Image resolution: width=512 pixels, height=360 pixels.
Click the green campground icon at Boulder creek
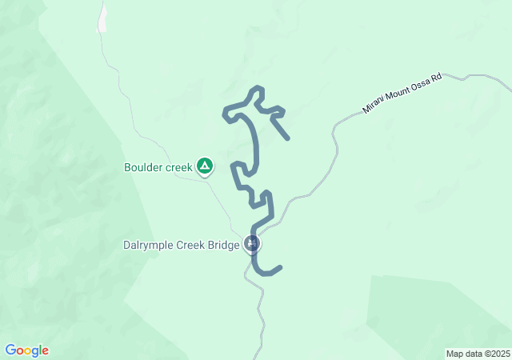click(205, 166)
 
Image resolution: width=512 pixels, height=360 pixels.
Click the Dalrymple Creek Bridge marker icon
click(253, 243)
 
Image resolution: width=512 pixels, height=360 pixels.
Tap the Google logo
click(26, 350)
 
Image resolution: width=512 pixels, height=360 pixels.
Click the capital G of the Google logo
click(10, 350)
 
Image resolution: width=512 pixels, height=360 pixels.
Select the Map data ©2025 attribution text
click(478, 354)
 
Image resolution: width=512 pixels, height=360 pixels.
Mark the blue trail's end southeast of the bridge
click(281, 268)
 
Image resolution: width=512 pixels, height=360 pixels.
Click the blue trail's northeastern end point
click(287, 138)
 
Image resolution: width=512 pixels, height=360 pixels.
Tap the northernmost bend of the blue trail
click(257, 87)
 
